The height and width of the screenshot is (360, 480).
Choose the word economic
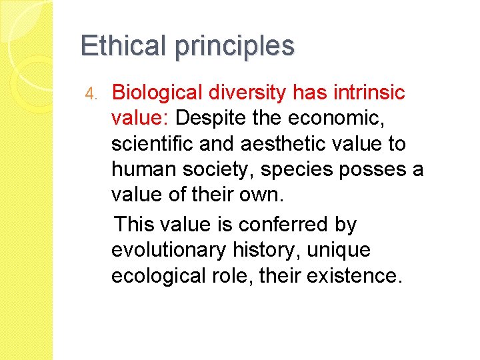coord(355,119)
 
